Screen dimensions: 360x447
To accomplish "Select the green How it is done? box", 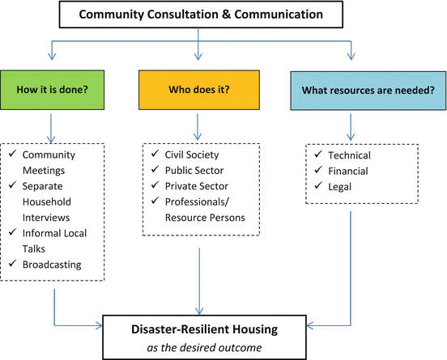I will [51, 90].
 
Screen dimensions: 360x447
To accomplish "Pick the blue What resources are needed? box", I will [351, 90].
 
